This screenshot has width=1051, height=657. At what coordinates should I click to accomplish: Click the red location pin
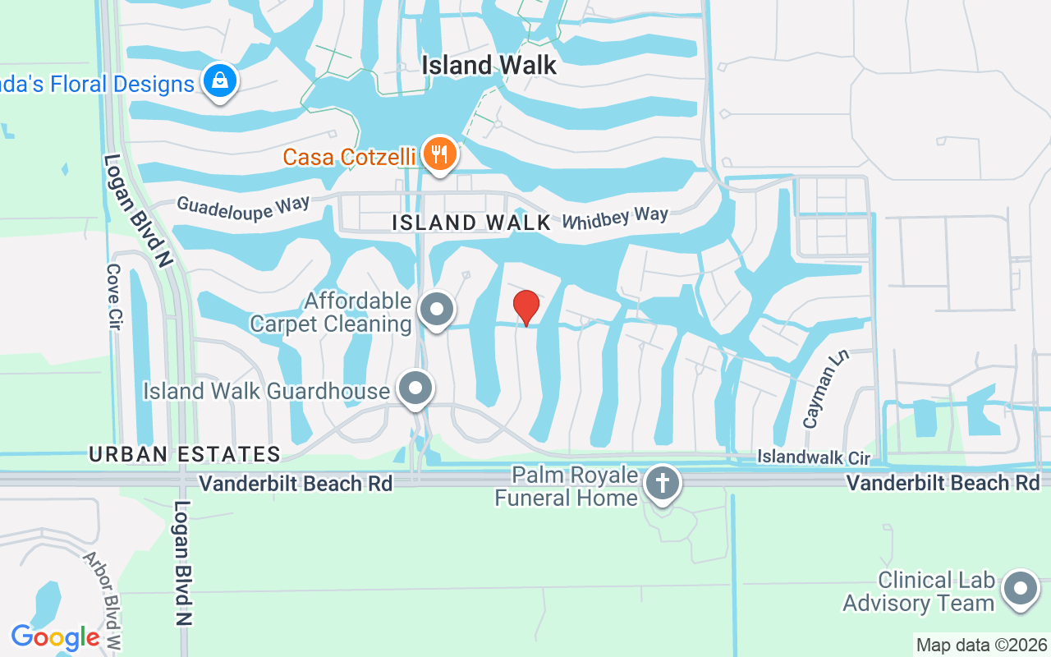pos(525,307)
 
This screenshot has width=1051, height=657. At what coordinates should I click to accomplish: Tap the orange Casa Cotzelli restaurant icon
pos(439,153)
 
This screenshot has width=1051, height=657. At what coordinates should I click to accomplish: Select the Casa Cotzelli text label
pos(350,156)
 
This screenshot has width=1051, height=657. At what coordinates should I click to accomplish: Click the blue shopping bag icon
pos(220,81)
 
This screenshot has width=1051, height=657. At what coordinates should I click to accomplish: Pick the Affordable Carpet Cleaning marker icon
pos(437,310)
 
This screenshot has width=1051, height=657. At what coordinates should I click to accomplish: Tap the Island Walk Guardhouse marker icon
pos(415,388)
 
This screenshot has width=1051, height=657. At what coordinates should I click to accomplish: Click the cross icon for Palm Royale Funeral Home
pos(662,483)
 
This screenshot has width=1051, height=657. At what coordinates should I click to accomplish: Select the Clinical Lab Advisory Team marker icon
pos(1021,588)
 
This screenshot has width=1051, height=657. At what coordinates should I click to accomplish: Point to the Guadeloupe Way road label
pos(243,208)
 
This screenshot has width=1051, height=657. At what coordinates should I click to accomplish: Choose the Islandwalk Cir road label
pos(813,457)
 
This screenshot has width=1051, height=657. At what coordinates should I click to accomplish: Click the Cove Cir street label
pos(114,296)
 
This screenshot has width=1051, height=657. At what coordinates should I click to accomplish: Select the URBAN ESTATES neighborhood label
pos(185,453)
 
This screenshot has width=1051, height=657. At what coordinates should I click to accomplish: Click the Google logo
pos(56,637)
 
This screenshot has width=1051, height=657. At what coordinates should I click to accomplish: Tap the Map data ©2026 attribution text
pos(982,645)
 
